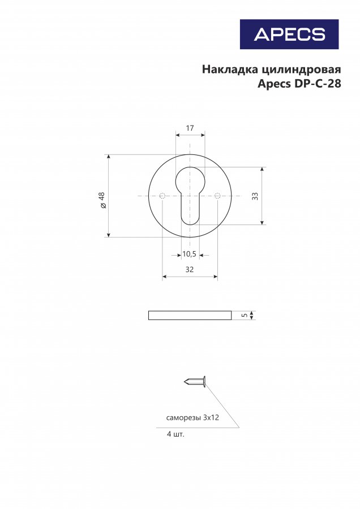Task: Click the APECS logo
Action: coord(289,34)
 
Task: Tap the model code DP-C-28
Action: coord(318,84)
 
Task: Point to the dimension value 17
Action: coord(190,128)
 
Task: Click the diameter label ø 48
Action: coord(102,200)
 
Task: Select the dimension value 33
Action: coord(255,196)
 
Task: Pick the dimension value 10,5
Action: coord(189,254)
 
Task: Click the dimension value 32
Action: coord(190,269)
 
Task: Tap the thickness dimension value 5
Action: coord(245,315)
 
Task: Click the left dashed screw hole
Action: coord(162,196)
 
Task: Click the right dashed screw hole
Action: coord(217,196)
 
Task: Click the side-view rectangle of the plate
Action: coord(190,315)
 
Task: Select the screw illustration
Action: coord(195,381)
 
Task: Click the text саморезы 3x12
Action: coord(192,417)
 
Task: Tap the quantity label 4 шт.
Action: coord(175,434)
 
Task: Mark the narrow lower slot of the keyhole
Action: coord(190,209)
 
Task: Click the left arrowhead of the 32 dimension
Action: coord(164,277)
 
